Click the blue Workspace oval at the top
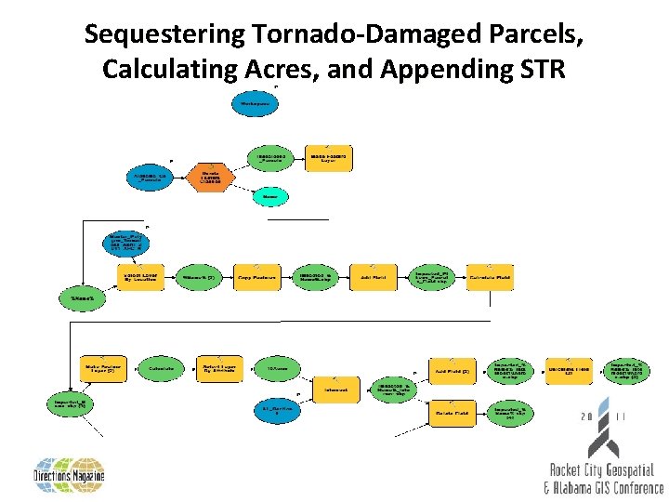pyautogui.click(x=256, y=102)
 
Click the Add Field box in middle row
pyautogui.click(x=374, y=277)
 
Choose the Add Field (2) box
pyautogui.click(x=452, y=370)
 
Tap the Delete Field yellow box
pyautogui.click(x=452, y=411)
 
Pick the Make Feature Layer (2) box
pyautogui.click(x=102, y=369)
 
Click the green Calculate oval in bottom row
pyautogui.click(x=161, y=369)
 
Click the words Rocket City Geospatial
pyautogui.click(x=601, y=471)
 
